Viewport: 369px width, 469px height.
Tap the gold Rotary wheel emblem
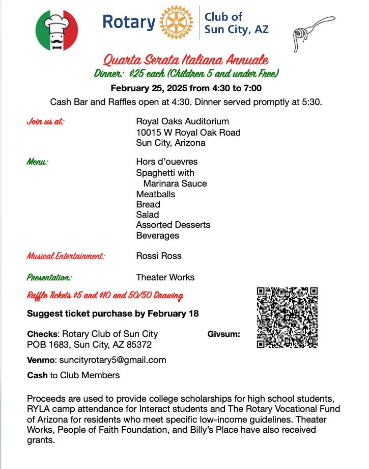(x=177, y=22)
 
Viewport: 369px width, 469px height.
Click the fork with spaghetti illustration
(x=312, y=32)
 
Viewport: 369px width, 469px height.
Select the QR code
(x=288, y=317)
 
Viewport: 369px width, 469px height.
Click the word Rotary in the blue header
(x=129, y=22)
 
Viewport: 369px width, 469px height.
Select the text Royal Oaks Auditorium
(x=182, y=121)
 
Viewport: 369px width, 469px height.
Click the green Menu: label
(x=38, y=162)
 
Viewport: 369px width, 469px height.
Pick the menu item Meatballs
(x=155, y=194)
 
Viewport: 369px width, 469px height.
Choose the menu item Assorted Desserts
(x=173, y=225)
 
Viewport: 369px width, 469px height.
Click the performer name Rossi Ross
(x=159, y=256)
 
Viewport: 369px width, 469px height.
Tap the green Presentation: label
(x=49, y=277)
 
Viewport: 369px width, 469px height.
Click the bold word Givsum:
(x=224, y=334)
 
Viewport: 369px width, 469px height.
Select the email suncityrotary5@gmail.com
(x=112, y=360)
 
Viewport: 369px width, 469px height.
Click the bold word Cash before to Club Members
(x=37, y=375)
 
